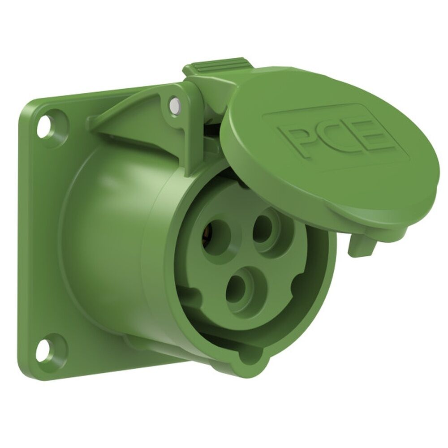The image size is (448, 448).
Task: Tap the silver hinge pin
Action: [175, 106]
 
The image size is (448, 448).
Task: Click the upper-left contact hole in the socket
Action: [215, 236]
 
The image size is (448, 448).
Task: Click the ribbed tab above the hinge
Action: [216, 68]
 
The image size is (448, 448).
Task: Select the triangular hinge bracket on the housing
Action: [134, 116]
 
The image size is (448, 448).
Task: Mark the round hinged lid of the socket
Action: [327, 148]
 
